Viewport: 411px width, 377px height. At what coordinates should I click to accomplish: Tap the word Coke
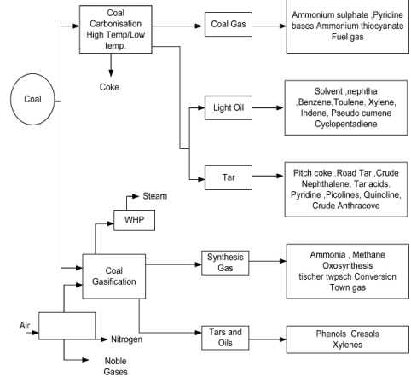click(109, 87)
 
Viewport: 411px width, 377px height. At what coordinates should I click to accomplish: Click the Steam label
click(154, 196)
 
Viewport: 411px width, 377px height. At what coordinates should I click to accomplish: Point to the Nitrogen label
click(126, 339)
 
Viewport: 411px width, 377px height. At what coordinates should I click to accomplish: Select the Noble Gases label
click(116, 366)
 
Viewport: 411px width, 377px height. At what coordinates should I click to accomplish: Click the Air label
click(25, 326)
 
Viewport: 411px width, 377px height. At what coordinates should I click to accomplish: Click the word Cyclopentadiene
click(346, 124)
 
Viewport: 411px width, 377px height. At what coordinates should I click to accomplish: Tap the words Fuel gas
click(347, 37)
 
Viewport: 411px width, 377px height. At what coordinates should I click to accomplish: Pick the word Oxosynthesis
click(347, 265)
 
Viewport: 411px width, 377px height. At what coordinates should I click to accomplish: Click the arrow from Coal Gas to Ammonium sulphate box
click(269, 26)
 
